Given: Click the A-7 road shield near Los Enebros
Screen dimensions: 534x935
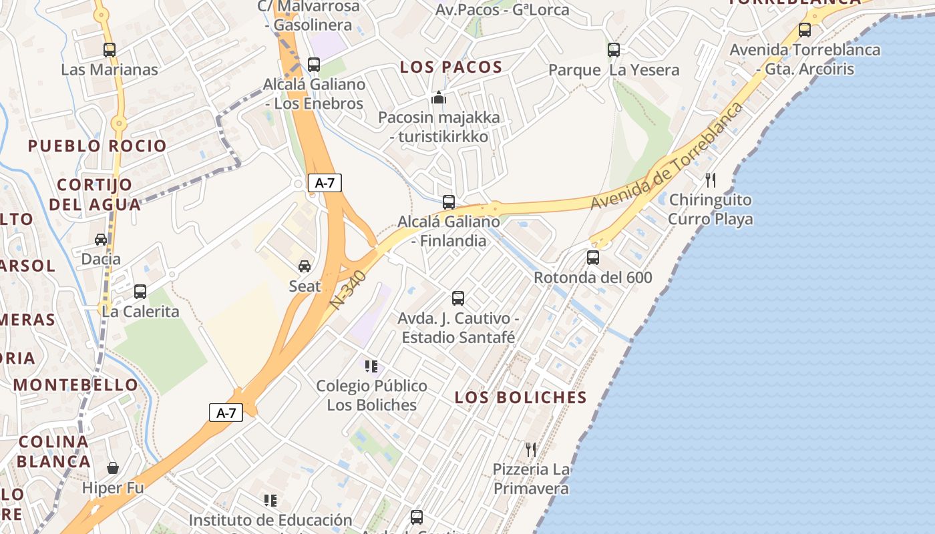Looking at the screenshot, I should point(325,183).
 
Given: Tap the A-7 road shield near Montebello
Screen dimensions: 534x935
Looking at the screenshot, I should point(226,413).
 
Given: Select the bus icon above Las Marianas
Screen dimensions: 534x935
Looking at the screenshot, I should point(110,50).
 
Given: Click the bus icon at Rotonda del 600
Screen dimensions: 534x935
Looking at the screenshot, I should point(592,258).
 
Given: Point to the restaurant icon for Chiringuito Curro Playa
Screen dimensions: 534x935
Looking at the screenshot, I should point(711,180).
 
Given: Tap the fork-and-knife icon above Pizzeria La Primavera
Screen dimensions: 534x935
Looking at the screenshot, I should point(531,449).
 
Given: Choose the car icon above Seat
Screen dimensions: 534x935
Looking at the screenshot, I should point(305,266).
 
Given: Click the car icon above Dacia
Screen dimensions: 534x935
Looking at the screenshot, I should point(101,240).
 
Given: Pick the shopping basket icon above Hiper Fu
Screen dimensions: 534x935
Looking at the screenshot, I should point(113,468).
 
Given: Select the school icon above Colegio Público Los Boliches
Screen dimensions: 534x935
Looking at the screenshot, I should point(371,366).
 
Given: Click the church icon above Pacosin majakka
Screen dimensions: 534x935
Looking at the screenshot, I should point(438,98).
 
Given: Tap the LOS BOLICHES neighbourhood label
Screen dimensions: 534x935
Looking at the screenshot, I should point(520,397).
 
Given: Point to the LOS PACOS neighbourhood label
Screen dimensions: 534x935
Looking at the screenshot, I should point(451,67).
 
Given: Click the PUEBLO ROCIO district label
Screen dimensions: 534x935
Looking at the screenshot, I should point(98,146).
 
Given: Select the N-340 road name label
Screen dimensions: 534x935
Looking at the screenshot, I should point(348,289).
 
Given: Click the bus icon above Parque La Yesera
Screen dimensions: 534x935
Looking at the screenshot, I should point(613,50).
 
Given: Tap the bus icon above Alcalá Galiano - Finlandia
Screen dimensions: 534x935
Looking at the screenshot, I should point(449,202).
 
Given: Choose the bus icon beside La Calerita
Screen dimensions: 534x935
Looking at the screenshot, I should point(140,292).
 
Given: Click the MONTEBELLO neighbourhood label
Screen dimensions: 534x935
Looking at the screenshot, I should point(75,384).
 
